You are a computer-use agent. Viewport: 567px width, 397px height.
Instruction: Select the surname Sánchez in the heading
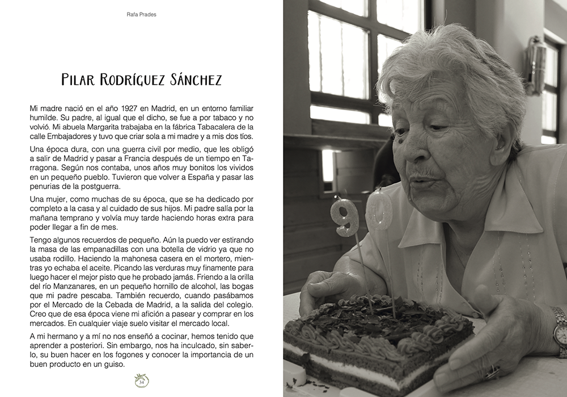[x=196, y=80]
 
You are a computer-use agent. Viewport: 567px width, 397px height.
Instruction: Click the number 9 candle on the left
[x=345, y=216]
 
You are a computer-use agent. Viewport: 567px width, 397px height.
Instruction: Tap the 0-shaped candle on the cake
[x=379, y=210]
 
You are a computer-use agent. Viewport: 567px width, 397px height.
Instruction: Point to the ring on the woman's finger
[x=492, y=371]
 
